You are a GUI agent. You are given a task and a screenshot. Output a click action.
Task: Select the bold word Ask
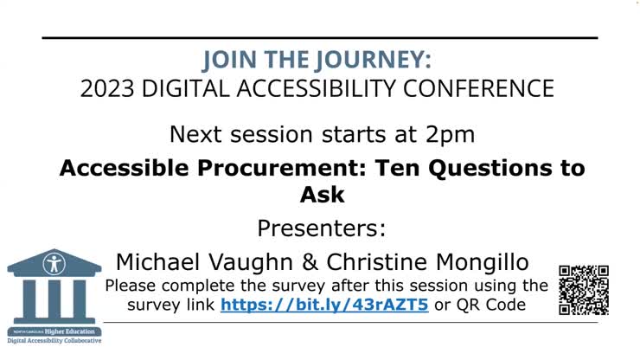pyautogui.click(x=322, y=195)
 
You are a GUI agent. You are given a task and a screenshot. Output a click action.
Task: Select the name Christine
pyautogui.click(x=381, y=262)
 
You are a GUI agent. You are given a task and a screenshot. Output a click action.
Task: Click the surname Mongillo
pyautogui.click(x=485, y=262)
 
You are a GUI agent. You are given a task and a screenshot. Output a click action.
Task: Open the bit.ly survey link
pyautogui.click(x=324, y=305)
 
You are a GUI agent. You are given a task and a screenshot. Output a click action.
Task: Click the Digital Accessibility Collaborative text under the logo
pyautogui.click(x=54, y=341)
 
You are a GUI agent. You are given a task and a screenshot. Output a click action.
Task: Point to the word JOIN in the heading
pyautogui.click(x=227, y=61)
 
